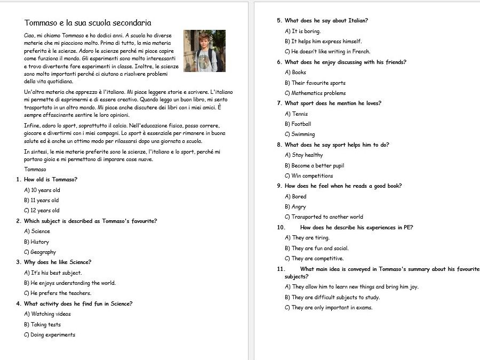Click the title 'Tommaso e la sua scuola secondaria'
(88, 23)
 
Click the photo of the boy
(204, 51)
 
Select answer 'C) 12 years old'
(42, 211)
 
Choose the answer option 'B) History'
(37, 242)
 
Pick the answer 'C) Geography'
(40, 252)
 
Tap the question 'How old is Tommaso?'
(51, 180)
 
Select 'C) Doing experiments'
(50, 335)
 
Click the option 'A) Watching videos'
(47, 314)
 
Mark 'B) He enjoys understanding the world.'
(70, 283)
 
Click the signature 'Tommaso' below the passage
(35, 170)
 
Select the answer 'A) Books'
(295, 73)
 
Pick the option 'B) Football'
(298, 124)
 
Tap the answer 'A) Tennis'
(297, 114)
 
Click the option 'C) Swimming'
(300, 134)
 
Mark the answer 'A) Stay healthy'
(304, 155)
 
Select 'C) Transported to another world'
(324, 217)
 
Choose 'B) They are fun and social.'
(317, 249)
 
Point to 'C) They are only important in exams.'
(329, 308)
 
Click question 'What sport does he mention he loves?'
(333, 103)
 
